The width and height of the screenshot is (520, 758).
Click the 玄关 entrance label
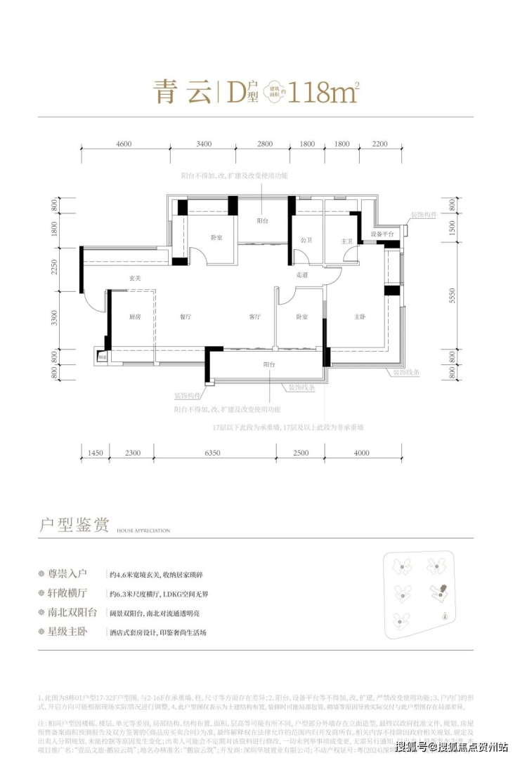coord(135,279)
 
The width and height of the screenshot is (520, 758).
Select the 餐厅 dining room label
coord(186,317)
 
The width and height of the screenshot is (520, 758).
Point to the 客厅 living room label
coord(254,317)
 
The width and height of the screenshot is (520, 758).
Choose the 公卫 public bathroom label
coord(306,241)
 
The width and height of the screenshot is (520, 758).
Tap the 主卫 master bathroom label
coord(346,241)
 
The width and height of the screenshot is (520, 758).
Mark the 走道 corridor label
coord(302,275)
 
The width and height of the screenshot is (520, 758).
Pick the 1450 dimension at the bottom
coord(96,453)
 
